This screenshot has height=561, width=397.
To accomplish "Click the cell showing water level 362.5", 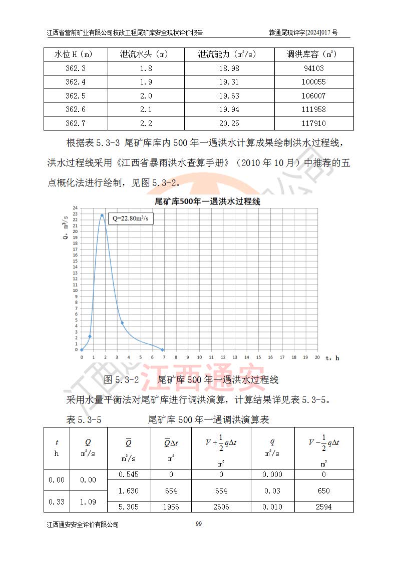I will coord(76,96).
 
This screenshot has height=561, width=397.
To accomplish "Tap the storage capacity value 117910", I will coord(314,123).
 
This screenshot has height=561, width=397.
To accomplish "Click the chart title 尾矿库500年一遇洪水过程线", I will coord(207,202).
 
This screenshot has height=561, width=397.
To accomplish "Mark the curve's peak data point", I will coord(102,215).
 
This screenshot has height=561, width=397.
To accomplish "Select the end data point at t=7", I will coord(162,349).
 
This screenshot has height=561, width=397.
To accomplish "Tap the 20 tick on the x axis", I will coord(317,357).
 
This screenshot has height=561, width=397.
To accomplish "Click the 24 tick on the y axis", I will coord(75,207).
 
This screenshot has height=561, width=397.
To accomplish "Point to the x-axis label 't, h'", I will coord(332,358).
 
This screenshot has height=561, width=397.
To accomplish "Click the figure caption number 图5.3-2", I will coord(121,380).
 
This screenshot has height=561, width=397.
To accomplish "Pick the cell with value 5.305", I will coord(129,507).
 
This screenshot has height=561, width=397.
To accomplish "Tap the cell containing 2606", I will coord(221,507).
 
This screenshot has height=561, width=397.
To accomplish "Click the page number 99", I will coord(198,524).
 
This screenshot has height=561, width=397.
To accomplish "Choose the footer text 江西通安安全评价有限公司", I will coord(83,524).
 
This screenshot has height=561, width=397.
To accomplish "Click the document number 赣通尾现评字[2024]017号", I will coord(303,33).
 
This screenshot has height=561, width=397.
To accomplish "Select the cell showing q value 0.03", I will coord(272,491).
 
